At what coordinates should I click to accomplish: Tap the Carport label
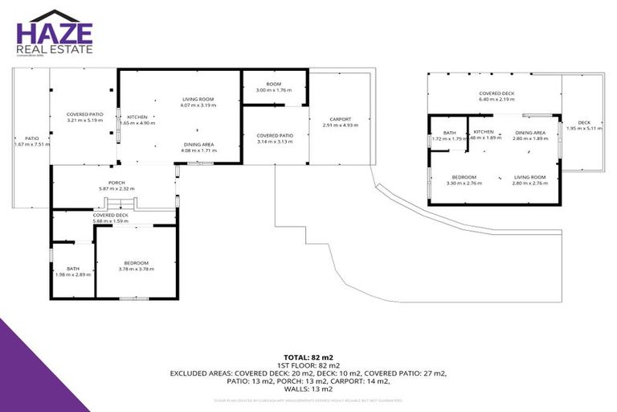coord(339,122)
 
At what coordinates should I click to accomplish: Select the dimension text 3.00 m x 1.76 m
coord(274,90)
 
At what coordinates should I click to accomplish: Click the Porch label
coord(116,185)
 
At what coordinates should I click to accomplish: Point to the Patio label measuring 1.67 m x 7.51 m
coord(31,141)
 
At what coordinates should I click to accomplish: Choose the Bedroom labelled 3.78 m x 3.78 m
coord(135,266)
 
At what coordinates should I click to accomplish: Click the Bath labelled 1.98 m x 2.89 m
coord(73,271)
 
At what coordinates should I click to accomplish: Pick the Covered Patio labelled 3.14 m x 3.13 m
coord(275,138)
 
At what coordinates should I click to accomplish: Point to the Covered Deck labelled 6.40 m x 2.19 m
coord(496,96)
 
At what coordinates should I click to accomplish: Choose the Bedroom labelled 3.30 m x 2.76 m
coord(464,179)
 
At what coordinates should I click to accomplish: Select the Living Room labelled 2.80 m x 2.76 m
coord(529,179)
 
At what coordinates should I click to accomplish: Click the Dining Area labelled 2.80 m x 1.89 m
coord(530,134)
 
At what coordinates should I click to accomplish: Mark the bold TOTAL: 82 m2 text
coord(308,356)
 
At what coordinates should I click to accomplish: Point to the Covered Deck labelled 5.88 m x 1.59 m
coord(110,218)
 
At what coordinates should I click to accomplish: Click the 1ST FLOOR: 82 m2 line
coord(308,365)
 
